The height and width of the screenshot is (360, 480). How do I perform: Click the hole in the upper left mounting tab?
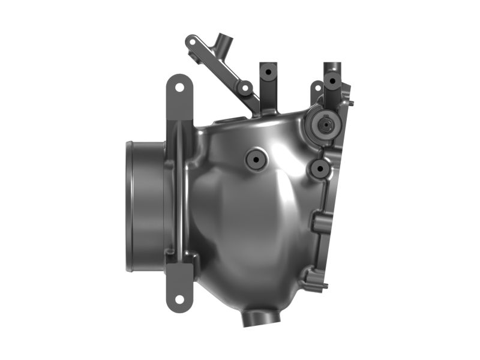coord(179,88)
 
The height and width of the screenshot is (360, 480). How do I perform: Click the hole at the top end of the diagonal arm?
coord(192,43)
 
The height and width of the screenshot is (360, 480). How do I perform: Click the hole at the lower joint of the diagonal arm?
coord(245,88)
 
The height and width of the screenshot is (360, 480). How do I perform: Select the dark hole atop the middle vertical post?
coord(268,71)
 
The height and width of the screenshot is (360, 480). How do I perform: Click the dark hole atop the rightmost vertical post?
coord(332,80)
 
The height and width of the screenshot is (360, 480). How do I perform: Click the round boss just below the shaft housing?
coord(319,169)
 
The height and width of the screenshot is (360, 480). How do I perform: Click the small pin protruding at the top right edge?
coord(352,103)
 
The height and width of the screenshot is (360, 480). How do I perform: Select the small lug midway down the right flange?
coord(317,224)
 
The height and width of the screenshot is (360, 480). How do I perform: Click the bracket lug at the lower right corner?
coord(316,278)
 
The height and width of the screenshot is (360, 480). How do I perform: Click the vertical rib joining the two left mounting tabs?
coord(178,192)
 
